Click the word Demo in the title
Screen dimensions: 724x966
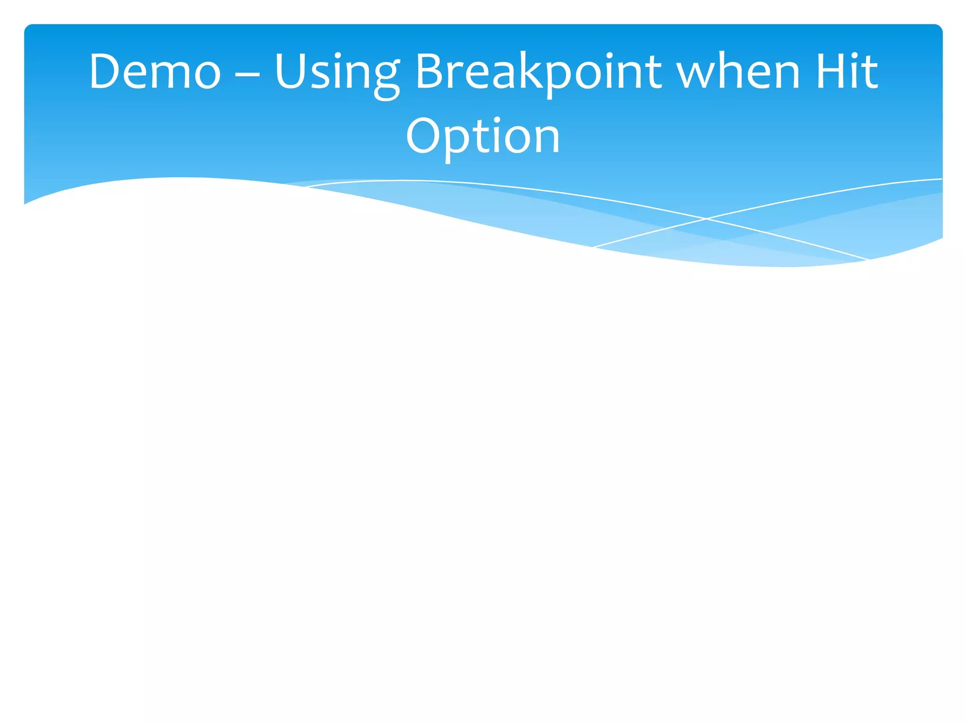point(155,72)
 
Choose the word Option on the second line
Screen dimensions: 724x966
point(483,137)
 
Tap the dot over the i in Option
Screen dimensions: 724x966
point(498,120)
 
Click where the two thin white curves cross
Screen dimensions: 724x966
point(706,219)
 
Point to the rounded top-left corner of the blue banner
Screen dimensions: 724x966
point(27,27)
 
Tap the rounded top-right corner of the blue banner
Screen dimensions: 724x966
point(939,27)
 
